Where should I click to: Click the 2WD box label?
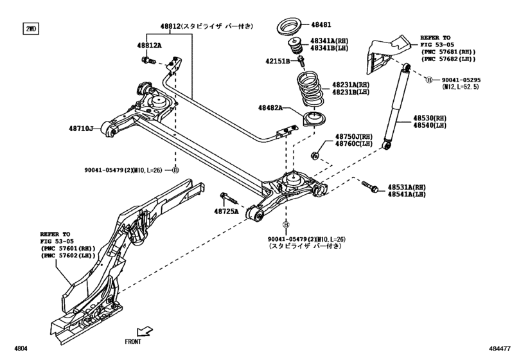coord(31,29)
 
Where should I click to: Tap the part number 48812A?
coord(149,46)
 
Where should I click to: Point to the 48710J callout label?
coord(82,129)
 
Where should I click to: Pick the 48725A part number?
coord(227,211)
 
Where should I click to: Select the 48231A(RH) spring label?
coord(351,85)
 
